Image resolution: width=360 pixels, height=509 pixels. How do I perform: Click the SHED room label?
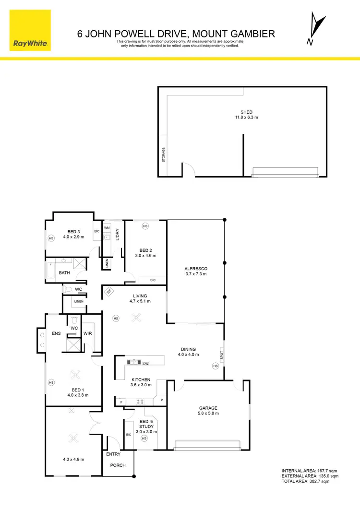pyautogui.click(x=247, y=112)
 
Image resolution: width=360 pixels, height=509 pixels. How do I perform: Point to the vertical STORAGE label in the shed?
pyautogui.click(x=164, y=154)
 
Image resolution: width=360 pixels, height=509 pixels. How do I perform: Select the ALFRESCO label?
pyautogui.click(x=195, y=269)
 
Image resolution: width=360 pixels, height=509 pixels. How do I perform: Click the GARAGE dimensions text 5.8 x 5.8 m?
pyautogui.click(x=209, y=413)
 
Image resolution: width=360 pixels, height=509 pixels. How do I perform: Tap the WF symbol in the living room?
pyautogui.click(x=109, y=291)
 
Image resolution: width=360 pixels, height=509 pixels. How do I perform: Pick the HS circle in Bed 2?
pyautogui.click(x=145, y=225)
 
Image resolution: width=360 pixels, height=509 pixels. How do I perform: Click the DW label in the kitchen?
pyautogui.click(x=145, y=363)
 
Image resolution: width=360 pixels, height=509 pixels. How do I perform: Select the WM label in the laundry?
pyautogui.click(x=107, y=227)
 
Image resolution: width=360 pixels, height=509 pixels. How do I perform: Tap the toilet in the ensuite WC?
pyautogui.click(x=73, y=320)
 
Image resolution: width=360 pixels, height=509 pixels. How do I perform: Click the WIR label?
pyautogui.click(x=88, y=332)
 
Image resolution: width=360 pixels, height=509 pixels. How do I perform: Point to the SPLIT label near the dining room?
pyautogui.click(x=222, y=355)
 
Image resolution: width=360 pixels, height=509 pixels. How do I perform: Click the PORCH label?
pyautogui.click(x=118, y=465)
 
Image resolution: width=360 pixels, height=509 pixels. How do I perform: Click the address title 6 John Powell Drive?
pyautogui.click(x=176, y=34)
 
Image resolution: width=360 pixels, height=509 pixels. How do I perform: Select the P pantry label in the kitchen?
pyautogui.click(x=161, y=400)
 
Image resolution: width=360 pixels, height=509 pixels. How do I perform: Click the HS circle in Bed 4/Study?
pyautogui.click(x=144, y=438)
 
